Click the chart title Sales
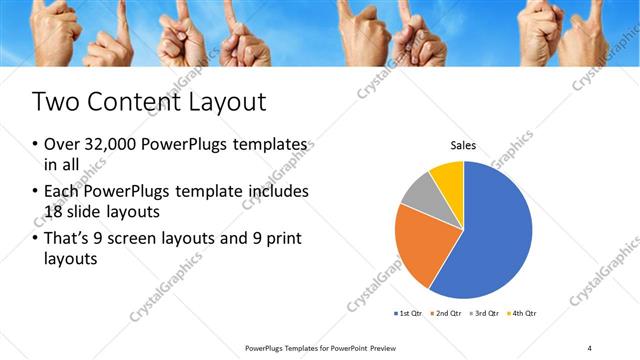(x=463, y=147)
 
